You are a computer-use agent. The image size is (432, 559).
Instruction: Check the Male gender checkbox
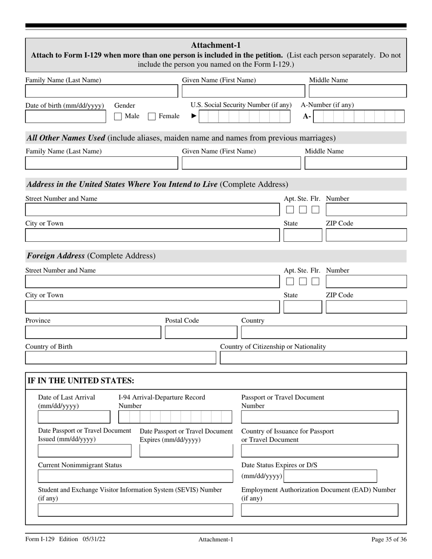pyautogui.click(x=118, y=116)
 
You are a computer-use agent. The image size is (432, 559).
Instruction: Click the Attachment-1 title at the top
pyautogui.click(x=216, y=45)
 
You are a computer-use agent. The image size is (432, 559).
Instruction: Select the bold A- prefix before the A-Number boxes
pyautogui.click(x=307, y=117)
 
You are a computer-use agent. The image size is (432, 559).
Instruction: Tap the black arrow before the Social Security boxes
pyautogui.click(x=194, y=116)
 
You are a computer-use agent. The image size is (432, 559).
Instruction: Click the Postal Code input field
pyautogui.click(x=201, y=332)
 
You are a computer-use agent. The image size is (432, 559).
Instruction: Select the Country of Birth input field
pyautogui.click(x=120, y=358)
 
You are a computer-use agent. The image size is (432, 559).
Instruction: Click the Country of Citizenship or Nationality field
pyautogui.click(x=313, y=358)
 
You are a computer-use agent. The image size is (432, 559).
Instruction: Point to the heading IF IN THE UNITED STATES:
pyautogui.click(x=81, y=381)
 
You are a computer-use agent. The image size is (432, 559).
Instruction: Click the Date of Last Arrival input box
pyautogui.click(x=74, y=417)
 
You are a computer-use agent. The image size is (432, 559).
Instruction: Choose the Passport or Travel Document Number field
pyautogui.click(x=319, y=417)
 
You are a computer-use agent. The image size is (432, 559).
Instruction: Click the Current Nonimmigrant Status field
pyautogui.click(x=135, y=476)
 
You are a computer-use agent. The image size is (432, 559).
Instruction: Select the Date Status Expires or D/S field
pyautogui.click(x=331, y=476)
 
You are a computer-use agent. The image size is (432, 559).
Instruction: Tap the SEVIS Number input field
pyautogui.click(x=135, y=510)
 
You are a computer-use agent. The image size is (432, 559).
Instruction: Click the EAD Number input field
pyautogui.click(x=319, y=510)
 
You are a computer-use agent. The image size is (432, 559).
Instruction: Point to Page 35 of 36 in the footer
pyautogui.click(x=389, y=539)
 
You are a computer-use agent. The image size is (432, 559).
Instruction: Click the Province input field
pyautogui.click(x=93, y=332)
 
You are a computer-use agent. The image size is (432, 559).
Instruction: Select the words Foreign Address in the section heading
pyautogui.click(x=56, y=256)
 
